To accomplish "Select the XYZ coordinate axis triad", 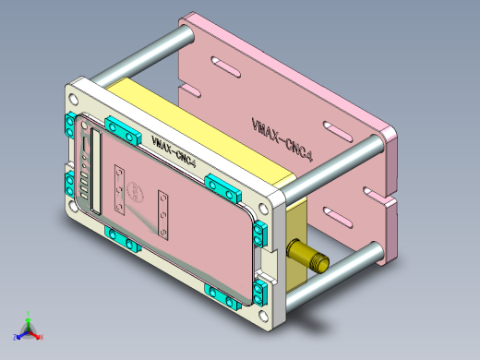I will coord(29,328).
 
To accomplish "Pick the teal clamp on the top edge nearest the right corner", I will coord(222,189).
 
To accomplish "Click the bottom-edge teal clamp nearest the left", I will coord(122,238).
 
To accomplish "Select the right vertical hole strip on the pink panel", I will coord(163,211).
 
